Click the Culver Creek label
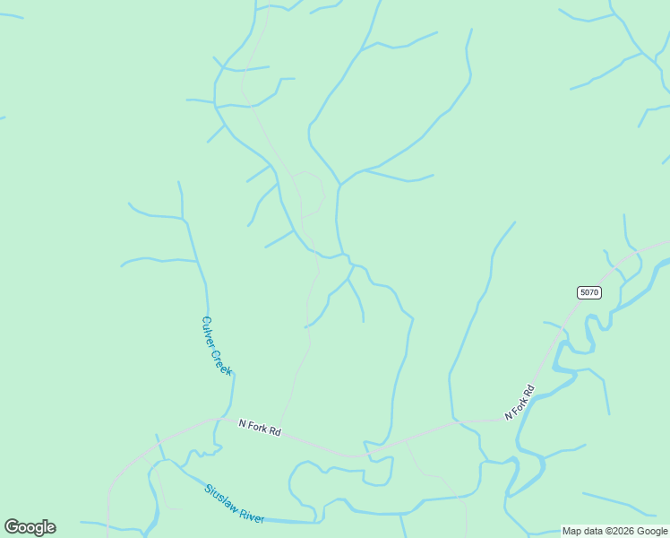(217, 345)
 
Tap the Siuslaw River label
(234, 504)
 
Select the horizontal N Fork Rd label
(260, 428)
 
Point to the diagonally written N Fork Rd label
(520, 403)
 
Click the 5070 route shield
(588, 292)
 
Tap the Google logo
(30, 527)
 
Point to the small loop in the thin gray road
(310, 193)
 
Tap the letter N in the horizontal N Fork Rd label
(242, 422)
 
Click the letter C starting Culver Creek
(205, 320)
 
